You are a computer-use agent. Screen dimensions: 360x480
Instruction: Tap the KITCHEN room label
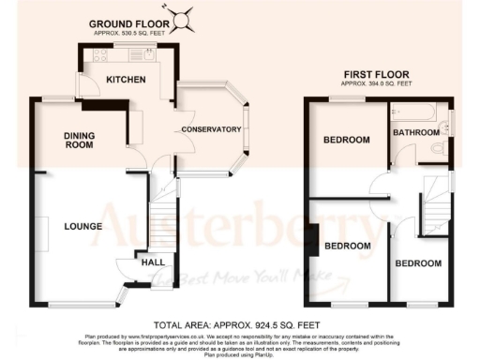click(125, 80)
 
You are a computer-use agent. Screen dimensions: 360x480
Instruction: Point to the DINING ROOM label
click(79, 141)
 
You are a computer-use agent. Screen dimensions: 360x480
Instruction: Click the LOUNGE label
click(82, 226)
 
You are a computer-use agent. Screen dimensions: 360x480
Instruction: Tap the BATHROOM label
click(416, 133)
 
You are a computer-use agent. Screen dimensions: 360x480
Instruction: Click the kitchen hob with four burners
click(98, 56)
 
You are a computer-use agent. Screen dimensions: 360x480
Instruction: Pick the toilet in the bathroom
click(434, 148)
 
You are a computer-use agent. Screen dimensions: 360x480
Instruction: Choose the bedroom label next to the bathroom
click(346, 140)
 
